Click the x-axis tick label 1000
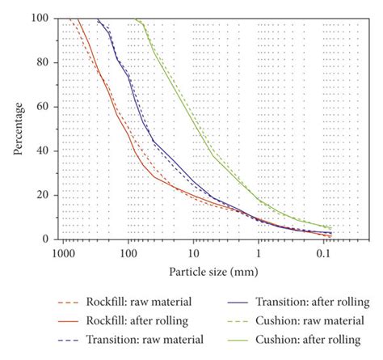tap(62, 252)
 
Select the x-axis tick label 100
tap(128, 252)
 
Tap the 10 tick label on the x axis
tap(193, 252)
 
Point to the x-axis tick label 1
tap(259, 252)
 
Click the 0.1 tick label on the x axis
tap(323, 252)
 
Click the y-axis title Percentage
tap(18, 128)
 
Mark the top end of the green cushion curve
tap(135, 19)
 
